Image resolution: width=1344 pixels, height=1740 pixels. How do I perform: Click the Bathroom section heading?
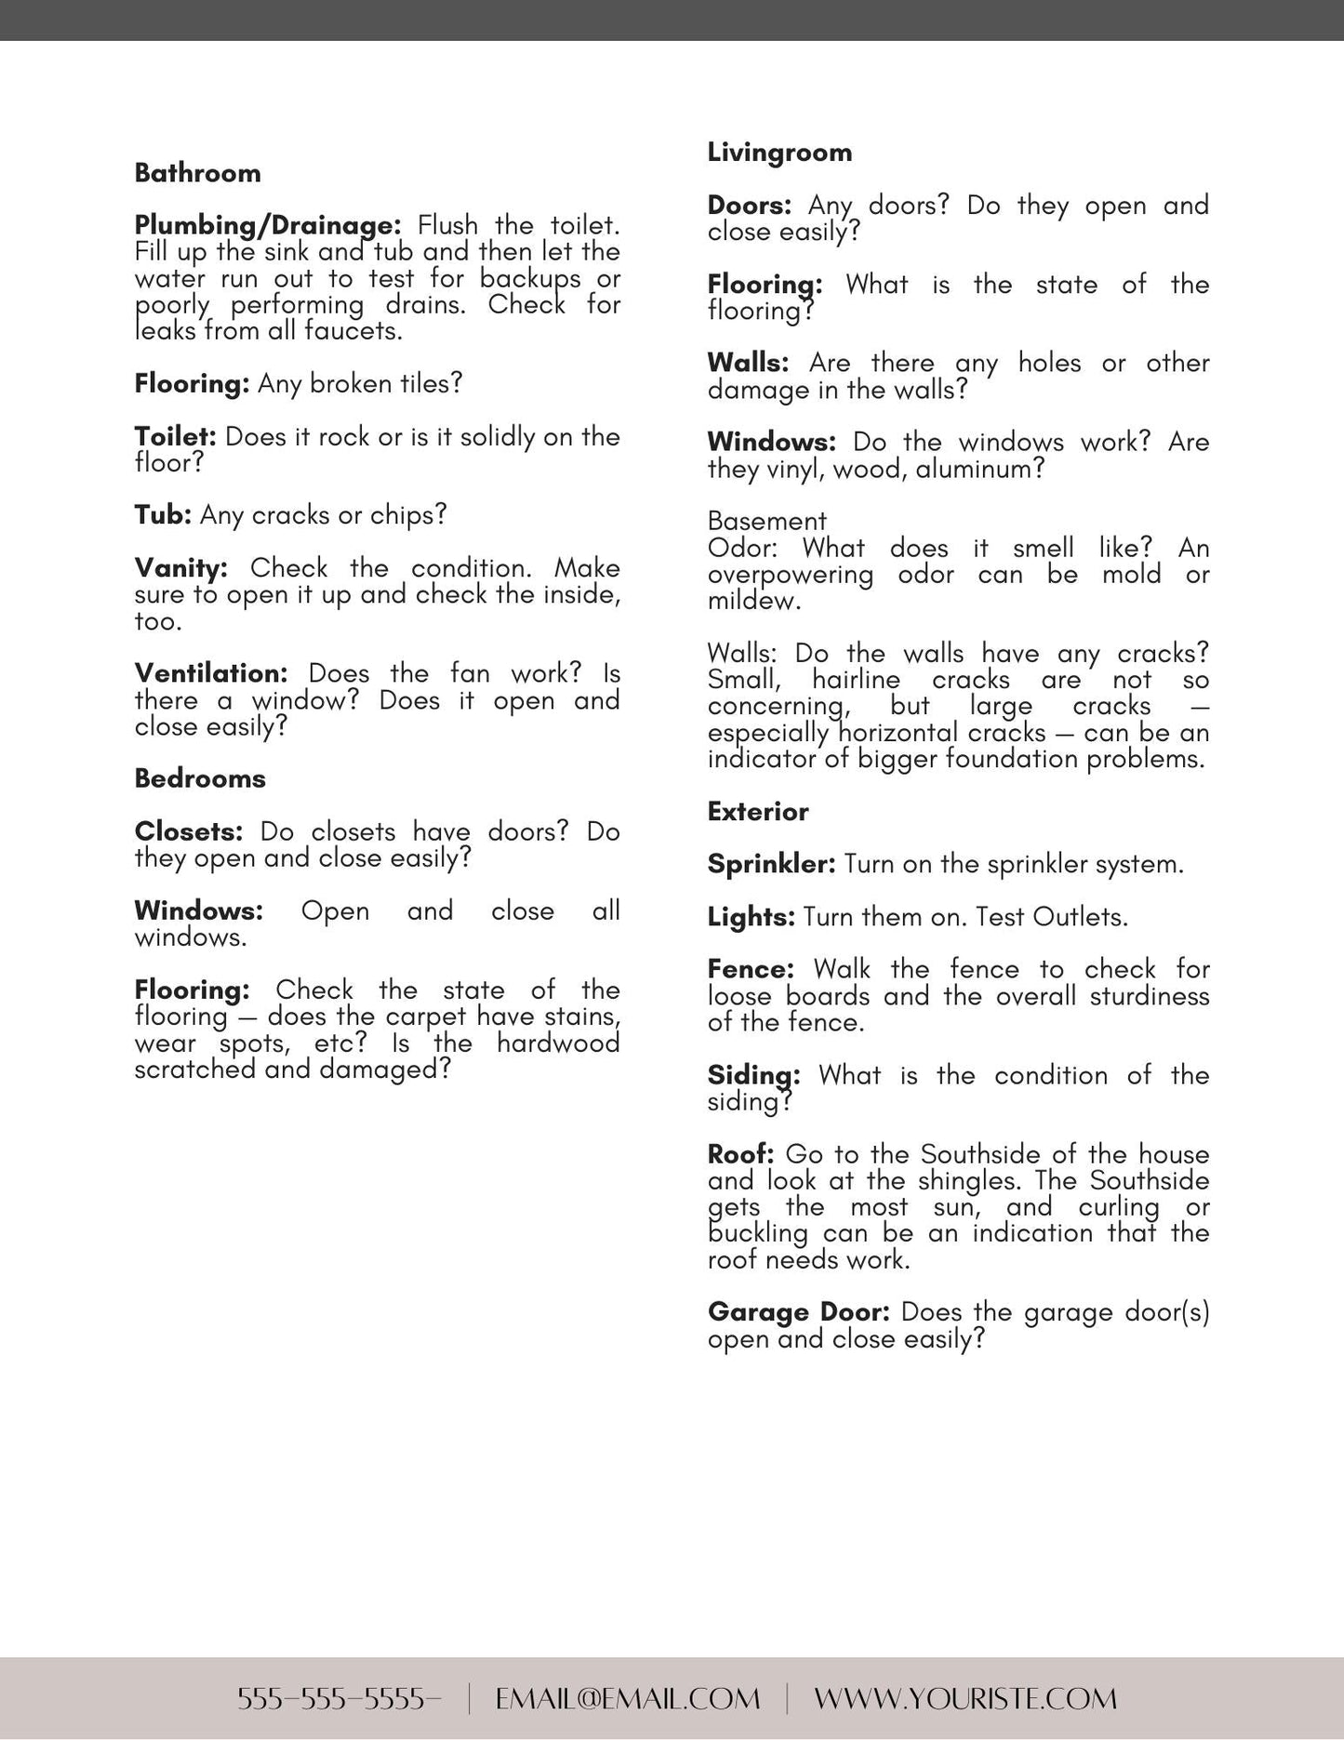point(197,173)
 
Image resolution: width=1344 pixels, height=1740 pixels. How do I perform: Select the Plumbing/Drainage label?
point(267,225)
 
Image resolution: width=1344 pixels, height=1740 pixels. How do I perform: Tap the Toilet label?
point(175,436)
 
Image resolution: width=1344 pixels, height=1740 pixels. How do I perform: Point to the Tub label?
point(163,514)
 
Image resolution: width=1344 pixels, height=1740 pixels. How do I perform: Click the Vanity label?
point(180,567)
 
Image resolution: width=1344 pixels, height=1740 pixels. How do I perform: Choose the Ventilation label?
point(210,673)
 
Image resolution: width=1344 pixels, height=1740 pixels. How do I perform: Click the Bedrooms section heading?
point(200,778)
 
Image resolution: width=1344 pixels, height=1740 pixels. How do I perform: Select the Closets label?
point(188,831)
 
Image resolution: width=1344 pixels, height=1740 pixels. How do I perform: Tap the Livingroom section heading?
point(779,153)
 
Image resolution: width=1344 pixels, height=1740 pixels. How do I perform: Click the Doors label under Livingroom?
point(749,205)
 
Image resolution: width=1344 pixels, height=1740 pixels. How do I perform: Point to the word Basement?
point(766,521)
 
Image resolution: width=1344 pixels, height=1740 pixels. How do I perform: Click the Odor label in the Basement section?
point(741,548)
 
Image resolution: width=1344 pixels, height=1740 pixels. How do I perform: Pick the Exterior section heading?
point(758,812)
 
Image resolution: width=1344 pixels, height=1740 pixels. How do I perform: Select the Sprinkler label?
point(772,864)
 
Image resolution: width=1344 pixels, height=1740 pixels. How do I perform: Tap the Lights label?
point(751,917)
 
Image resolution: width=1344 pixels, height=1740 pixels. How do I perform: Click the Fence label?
point(751,969)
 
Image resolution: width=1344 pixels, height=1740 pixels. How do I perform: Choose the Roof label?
point(740,1154)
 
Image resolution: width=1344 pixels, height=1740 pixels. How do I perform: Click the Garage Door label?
point(798,1312)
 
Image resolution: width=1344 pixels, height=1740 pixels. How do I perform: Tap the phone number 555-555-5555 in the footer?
point(339,1699)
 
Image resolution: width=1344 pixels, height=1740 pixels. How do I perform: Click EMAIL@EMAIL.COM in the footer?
point(628,1699)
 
